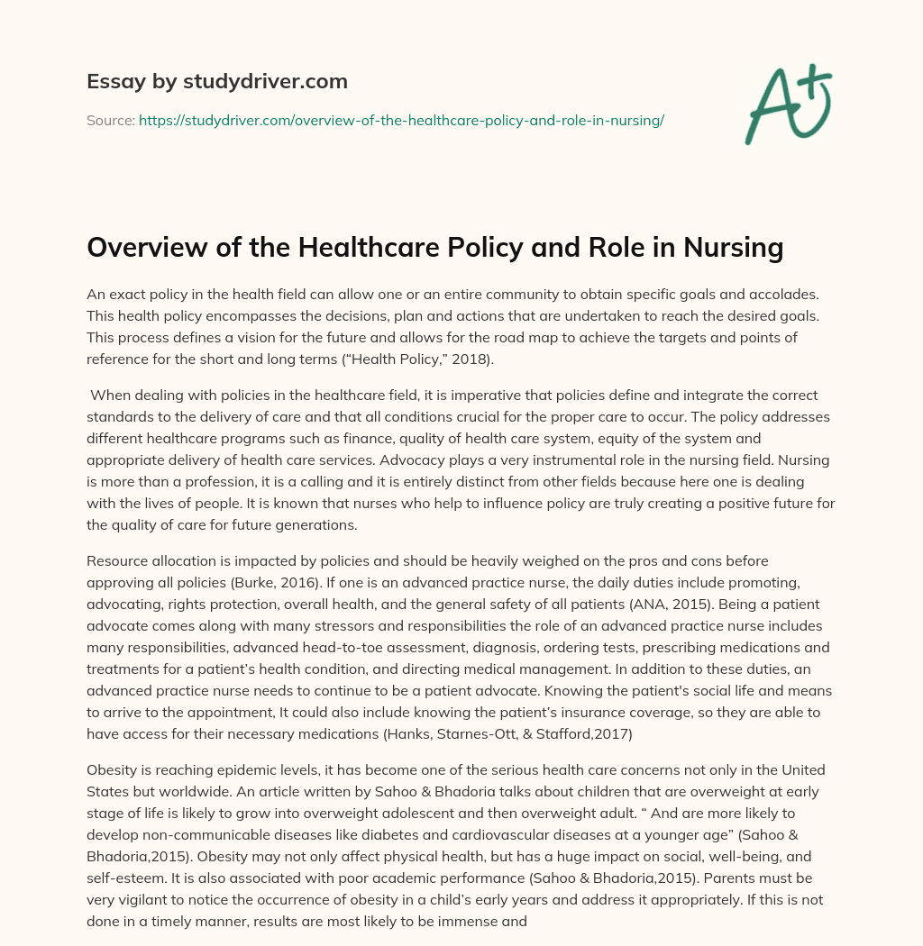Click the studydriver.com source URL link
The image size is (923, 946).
[x=401, y=120]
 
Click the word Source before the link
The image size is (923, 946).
[x=109, y=120]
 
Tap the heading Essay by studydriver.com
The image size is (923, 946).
[x=216, y=81]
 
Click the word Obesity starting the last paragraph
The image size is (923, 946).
[x=113, y=769]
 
